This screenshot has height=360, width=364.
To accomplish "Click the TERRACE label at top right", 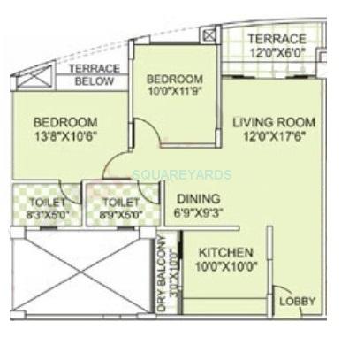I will coord(277,38).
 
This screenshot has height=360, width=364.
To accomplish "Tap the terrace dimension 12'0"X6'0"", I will coord(277,52).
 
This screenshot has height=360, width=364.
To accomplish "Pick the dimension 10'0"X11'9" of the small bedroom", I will coord(174,92).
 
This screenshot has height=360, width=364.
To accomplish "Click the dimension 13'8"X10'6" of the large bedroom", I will coord(65,137).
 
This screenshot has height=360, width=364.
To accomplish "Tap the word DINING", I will coord(198,199).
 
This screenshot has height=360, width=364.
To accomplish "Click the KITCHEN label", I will coord(225,253).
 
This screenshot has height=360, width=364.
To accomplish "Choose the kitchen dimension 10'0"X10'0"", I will coord(225,267).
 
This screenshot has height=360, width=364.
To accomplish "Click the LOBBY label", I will coord(297,302).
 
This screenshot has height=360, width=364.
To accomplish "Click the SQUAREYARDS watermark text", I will coord(182,174).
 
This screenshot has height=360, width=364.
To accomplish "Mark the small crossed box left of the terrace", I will coord(209,36).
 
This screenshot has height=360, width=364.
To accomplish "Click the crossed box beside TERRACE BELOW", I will coord(34,78).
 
